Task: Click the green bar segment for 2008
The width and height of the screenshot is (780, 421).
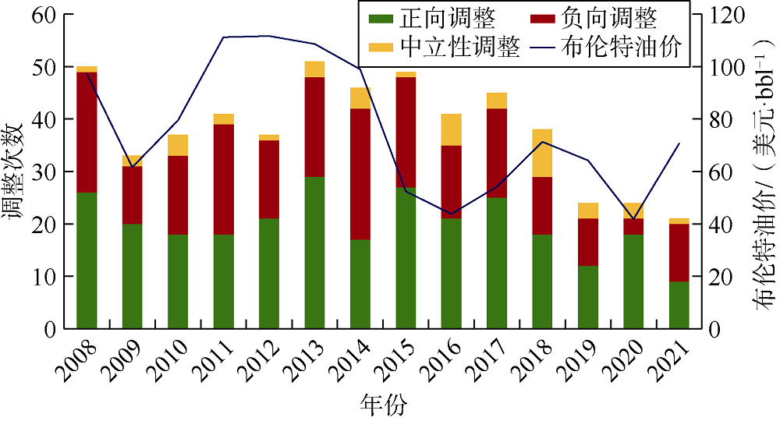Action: (x=87, y=260)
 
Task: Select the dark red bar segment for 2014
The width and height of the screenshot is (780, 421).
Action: (x=360, y=174)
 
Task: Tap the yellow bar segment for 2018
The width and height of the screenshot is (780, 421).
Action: (x=542, y=153)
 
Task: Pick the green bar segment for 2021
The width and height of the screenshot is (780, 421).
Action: (x=679, y=305)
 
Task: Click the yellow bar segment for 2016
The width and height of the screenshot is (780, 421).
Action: (x=451, y=129)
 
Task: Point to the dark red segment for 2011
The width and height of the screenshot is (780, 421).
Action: (x=223, y=179)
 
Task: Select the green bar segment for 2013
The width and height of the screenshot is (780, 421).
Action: (x=314, y=253)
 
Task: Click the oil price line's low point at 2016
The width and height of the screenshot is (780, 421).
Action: (x=451, y=214)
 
